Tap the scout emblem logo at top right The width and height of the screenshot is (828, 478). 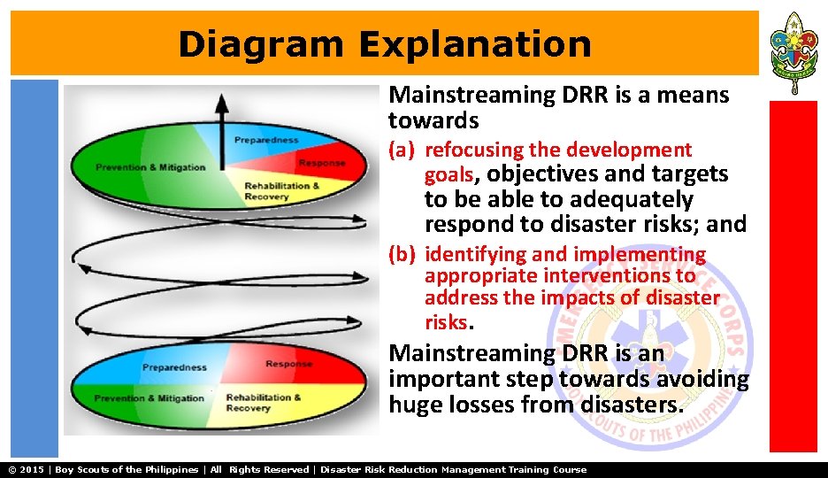(793, 51)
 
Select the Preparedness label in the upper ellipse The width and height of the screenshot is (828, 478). (265, 140)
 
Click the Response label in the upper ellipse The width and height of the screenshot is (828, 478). (321, 163)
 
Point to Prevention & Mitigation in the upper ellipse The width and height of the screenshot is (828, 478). (150, 167)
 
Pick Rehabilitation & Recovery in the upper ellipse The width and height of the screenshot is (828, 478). (282, 191)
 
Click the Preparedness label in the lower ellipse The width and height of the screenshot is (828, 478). (174, 367)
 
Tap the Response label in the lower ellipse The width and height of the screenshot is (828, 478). (288, 364)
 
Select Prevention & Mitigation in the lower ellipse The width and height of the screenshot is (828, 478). (149, 398)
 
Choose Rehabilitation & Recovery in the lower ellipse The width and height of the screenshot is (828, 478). (263, 403)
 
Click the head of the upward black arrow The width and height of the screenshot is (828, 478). (220, 104)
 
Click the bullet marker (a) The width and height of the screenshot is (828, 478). (402, 150)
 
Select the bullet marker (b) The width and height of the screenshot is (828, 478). (402, 255)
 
